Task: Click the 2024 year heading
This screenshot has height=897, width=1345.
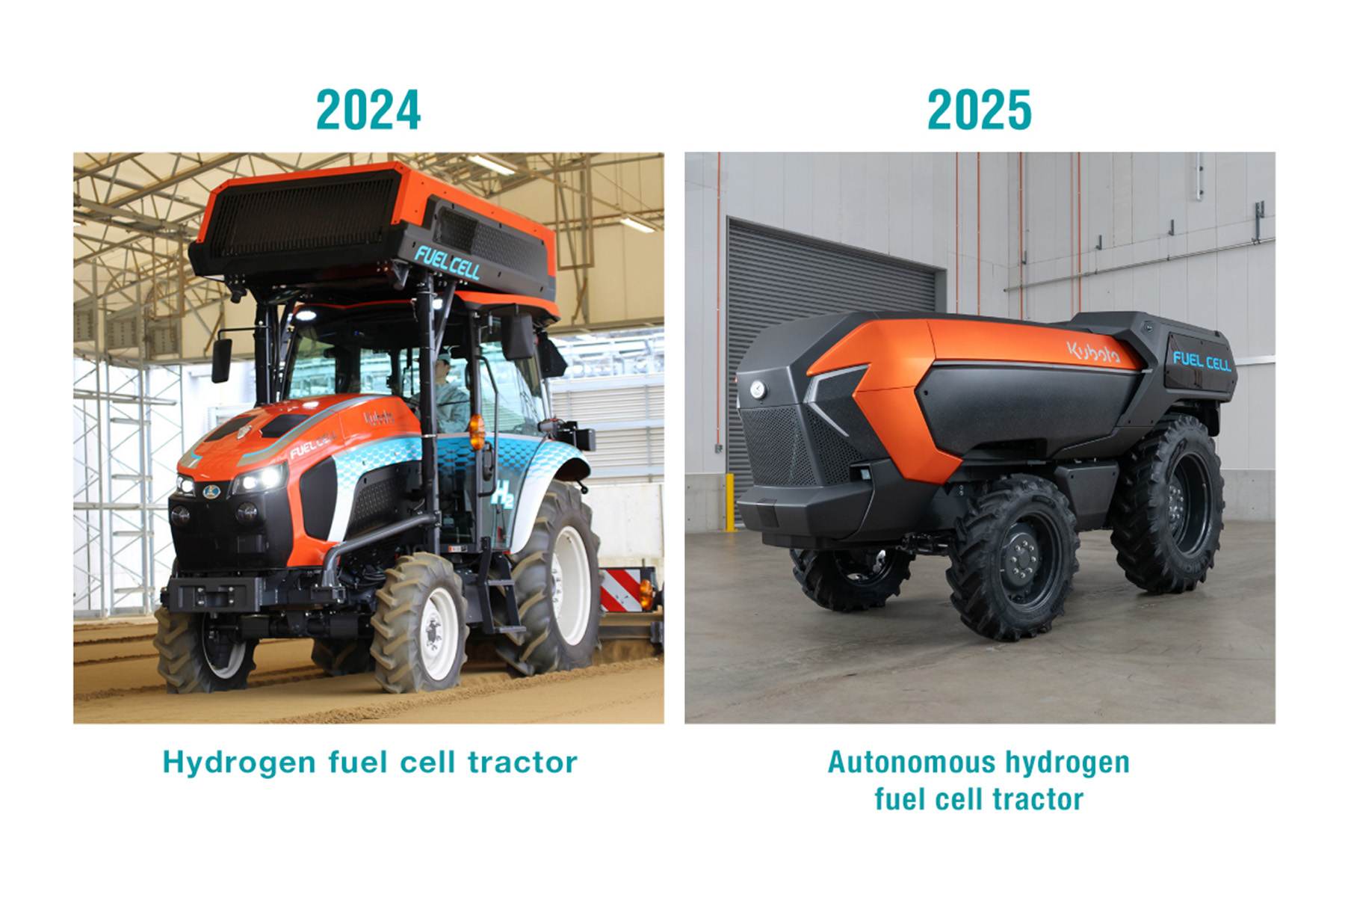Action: [368, 110]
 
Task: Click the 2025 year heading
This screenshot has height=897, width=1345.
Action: [979, 110]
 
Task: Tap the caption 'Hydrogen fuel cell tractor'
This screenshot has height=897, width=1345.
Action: [370, 763]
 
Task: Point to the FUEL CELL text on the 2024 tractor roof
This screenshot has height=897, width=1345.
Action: [447, 263]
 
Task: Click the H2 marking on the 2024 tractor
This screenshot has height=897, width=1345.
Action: [502, 494]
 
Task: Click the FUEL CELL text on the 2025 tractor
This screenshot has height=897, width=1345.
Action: [1202, 361]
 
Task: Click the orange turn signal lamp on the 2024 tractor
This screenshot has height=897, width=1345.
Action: [476, 432]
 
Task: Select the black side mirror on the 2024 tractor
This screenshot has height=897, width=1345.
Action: [221, 360]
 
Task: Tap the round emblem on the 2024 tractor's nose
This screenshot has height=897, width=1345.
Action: [211, 490]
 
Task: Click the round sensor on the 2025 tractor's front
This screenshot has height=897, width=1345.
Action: [758, 389]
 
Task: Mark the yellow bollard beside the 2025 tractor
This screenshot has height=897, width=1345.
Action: [729, 502]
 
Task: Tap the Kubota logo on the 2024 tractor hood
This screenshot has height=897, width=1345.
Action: [379, 417]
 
